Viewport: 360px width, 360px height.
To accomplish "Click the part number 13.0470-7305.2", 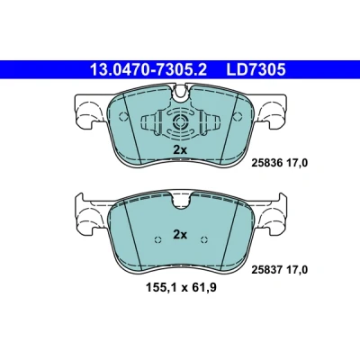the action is (148, 70).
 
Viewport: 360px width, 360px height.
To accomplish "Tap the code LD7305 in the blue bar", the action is (256, 70).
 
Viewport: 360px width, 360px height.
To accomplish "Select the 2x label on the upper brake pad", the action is (180, 149).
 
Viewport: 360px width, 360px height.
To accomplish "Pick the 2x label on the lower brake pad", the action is (180, 235).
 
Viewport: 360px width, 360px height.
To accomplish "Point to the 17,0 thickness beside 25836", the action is (297, 163).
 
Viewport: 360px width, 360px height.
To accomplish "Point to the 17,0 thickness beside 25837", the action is (297, 270).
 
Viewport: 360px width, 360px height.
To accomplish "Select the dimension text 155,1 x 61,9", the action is (181, 288).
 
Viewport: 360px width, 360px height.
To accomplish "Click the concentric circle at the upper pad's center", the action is (180, 121).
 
